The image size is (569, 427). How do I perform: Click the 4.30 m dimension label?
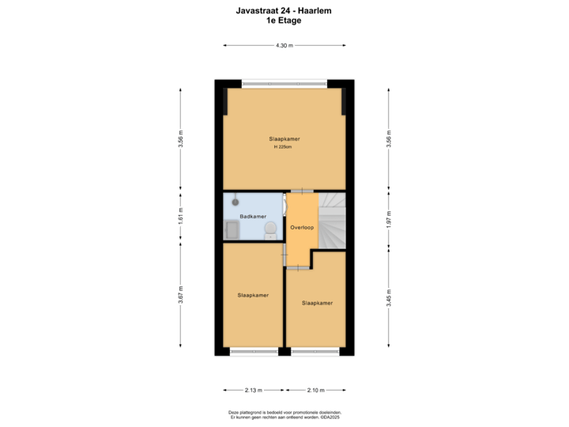(284, 45)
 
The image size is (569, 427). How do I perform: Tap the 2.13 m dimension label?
(253, 390)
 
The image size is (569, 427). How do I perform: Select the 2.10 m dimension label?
(315, 390)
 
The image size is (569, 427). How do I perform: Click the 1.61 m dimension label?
(181, 217)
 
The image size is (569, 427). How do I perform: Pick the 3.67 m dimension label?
(181, 295)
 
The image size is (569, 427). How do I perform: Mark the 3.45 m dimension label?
(388, 300)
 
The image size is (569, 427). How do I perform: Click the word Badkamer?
(253, 216)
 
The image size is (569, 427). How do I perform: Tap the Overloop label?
(302, 227)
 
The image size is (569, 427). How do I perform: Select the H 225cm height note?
(284, 147)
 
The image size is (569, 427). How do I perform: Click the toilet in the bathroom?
(270, 229)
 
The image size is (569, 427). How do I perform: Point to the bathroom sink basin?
(233, 229)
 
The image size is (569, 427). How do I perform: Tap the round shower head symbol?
(235, 202)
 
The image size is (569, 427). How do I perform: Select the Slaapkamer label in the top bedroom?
(284, 139)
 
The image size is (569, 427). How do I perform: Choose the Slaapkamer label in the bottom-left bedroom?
(253, 295)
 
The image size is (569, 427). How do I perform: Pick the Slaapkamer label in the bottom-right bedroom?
(316, 302)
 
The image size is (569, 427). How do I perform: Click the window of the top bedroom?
(284, 82)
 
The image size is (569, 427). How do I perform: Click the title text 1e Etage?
(284, 21)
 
